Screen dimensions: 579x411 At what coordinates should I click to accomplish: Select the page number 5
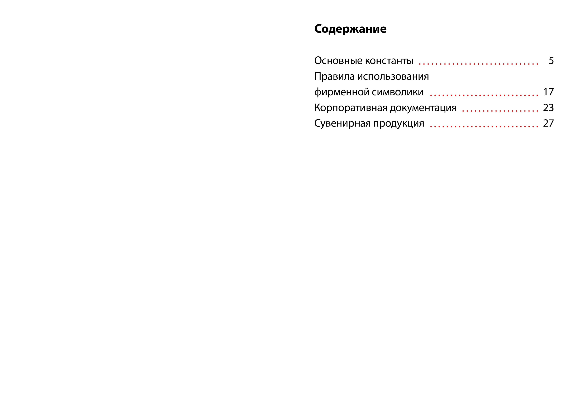(551, 61)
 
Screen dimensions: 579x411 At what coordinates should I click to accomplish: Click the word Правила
(335, 76)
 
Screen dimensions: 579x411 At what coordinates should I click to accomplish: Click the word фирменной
(342, 92)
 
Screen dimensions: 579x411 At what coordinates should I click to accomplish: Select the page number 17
(549, 92)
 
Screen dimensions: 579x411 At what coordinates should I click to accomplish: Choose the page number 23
(548, 108)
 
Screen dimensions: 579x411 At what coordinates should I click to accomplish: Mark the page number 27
(548, 123)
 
